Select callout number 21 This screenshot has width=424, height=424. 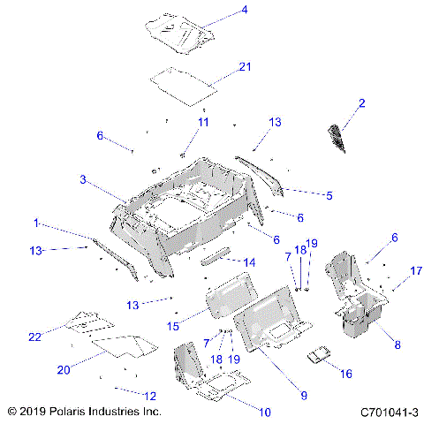(x=245, y=67)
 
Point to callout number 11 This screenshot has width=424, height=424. (x=203, y=121)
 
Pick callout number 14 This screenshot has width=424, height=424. (x=249, y=262)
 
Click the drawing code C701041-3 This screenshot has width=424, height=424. (x=388, y=412)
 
